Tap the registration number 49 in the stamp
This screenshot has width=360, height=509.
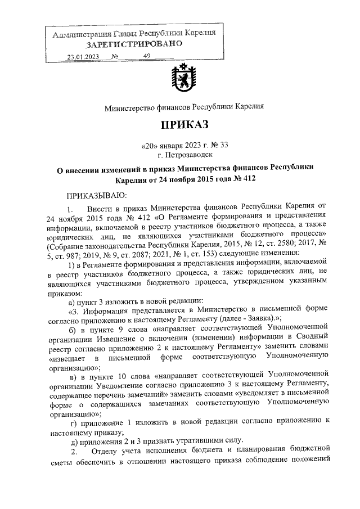[x=147, y=56]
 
